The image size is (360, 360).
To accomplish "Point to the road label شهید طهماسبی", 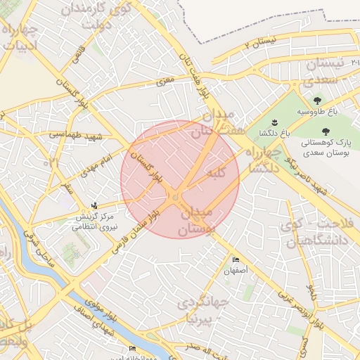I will pos(76,134).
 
